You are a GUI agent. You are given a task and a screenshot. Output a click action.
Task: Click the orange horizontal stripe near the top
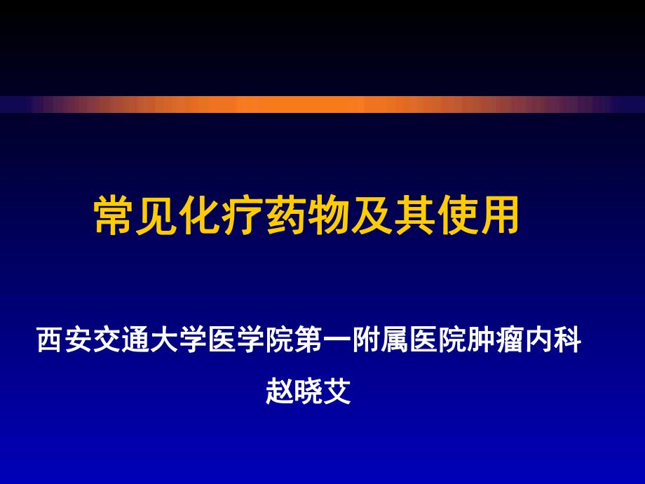[322, 105]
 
